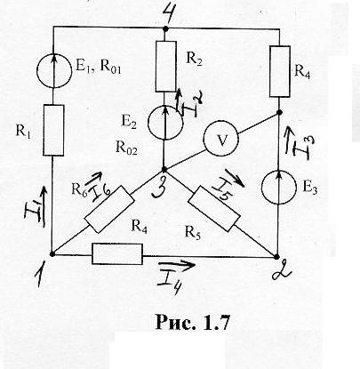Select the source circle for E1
tap(54, 70)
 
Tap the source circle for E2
tap(165, 123)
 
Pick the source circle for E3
tap(279, 187)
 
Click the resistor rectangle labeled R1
tap(53, 130)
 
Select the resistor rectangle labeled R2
tap(165, 66)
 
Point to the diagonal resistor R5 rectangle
tap(214, 209)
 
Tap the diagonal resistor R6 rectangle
tap(109, 209)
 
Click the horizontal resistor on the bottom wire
tap(117, 254)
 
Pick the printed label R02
tap(126, 148)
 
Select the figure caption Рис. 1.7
tap(193, 322)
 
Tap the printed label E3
tap(309, 189)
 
